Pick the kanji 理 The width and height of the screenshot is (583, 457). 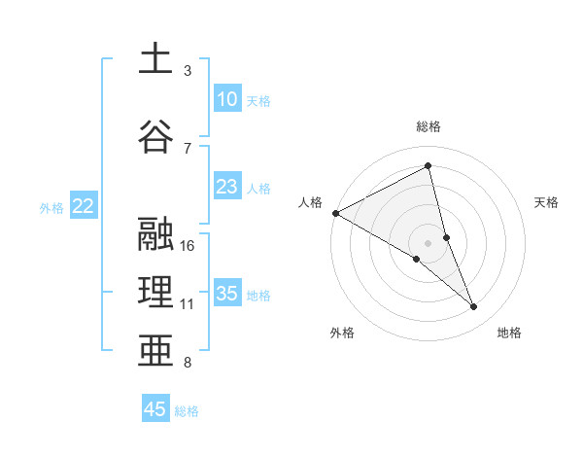click(155, 294)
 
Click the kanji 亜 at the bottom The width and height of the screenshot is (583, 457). click(155, 350)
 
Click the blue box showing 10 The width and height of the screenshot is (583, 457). click(226, 99)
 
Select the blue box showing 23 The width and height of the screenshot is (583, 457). click(226, 188)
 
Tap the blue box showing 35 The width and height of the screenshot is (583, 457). click(226, 294)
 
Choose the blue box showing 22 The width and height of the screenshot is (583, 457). click(84, 206)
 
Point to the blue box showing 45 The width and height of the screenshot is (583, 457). click(155, 409)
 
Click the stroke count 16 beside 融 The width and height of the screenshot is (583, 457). click(188, 245)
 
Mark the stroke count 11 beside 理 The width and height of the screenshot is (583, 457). click(188, 304)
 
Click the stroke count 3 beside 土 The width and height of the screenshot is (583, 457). click(188, 70)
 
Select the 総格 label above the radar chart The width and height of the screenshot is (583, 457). click(429, 126)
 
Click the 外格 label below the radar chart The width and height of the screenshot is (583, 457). click(342, 333)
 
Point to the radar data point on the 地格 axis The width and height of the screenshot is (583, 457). click(474, 307)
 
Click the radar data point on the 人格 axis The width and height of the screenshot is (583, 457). click(335, 212)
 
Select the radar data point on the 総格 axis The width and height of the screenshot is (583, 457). click(429, 165)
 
